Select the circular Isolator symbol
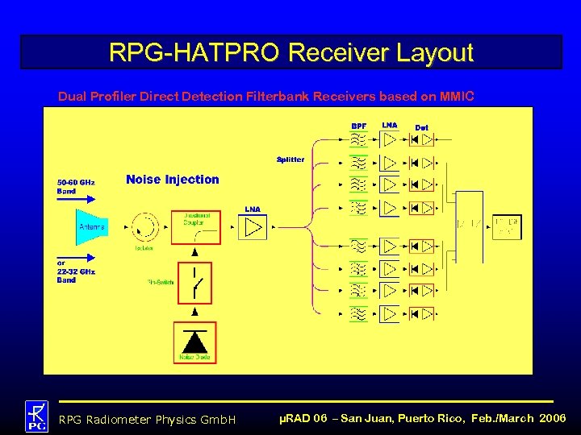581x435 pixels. click(145, 226)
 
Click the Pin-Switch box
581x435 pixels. click(194, 284)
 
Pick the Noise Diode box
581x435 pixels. click(194, 342)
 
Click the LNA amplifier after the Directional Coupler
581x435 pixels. click(253, 228)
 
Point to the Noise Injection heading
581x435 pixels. click(172, 180)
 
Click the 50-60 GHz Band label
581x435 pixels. click(75, 187)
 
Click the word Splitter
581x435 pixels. click(290, 159)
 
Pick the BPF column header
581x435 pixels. click(359, 126)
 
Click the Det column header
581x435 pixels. click(421, 127)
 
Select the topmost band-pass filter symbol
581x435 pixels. click(359, 140)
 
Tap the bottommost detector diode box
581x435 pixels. click(421, 313)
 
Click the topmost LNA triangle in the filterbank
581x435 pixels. click(390, 140)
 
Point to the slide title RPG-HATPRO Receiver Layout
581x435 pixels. click(290, 53)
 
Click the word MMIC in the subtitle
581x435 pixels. click(458, 97)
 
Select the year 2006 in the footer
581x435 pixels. click(553, 419)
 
